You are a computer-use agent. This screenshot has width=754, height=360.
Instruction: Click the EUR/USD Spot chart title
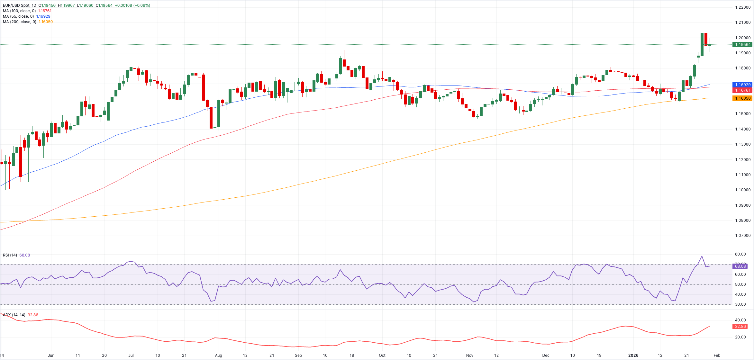tap(19, 5)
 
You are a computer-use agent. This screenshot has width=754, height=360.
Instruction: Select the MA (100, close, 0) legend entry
tap(19, 11)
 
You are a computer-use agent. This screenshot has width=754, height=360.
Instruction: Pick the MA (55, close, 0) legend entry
tap(18, 16)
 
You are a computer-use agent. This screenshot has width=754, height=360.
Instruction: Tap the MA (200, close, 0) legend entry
tap(19, 22)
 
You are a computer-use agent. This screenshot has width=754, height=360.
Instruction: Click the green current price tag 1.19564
tap(742, 45)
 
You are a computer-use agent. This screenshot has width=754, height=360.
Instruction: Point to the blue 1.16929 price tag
tap(742, 85)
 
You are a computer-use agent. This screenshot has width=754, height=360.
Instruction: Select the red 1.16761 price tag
tap(742, 90)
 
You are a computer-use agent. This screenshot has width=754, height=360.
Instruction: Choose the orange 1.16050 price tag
tap(742, 98)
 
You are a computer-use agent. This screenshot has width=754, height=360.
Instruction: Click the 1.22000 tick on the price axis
tap(742, 7)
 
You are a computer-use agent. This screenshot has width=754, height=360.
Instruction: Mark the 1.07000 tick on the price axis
tap(742, 236)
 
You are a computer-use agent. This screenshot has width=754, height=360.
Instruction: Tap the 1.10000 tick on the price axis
tap(742, 190)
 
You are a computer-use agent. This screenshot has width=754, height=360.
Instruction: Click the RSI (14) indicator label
tap(10, 255)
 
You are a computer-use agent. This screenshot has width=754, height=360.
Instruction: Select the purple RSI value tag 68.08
tap(740, 266)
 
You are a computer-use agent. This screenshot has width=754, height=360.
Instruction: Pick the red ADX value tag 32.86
tap(740, 327)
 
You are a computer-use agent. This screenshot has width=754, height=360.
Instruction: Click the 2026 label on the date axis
tap(633, 355)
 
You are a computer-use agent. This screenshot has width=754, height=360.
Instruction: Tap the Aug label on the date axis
tap(218, 355)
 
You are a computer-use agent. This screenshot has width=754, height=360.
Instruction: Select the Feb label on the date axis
tap(717, 355)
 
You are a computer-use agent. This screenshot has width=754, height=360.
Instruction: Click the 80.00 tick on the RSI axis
tap(740, 254)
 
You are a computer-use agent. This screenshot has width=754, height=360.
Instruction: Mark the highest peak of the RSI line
tap(702, 256)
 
